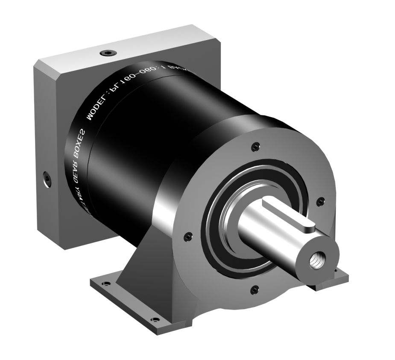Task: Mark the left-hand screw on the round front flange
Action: click(186, 234)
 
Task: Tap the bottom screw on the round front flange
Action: click(255, 288)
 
